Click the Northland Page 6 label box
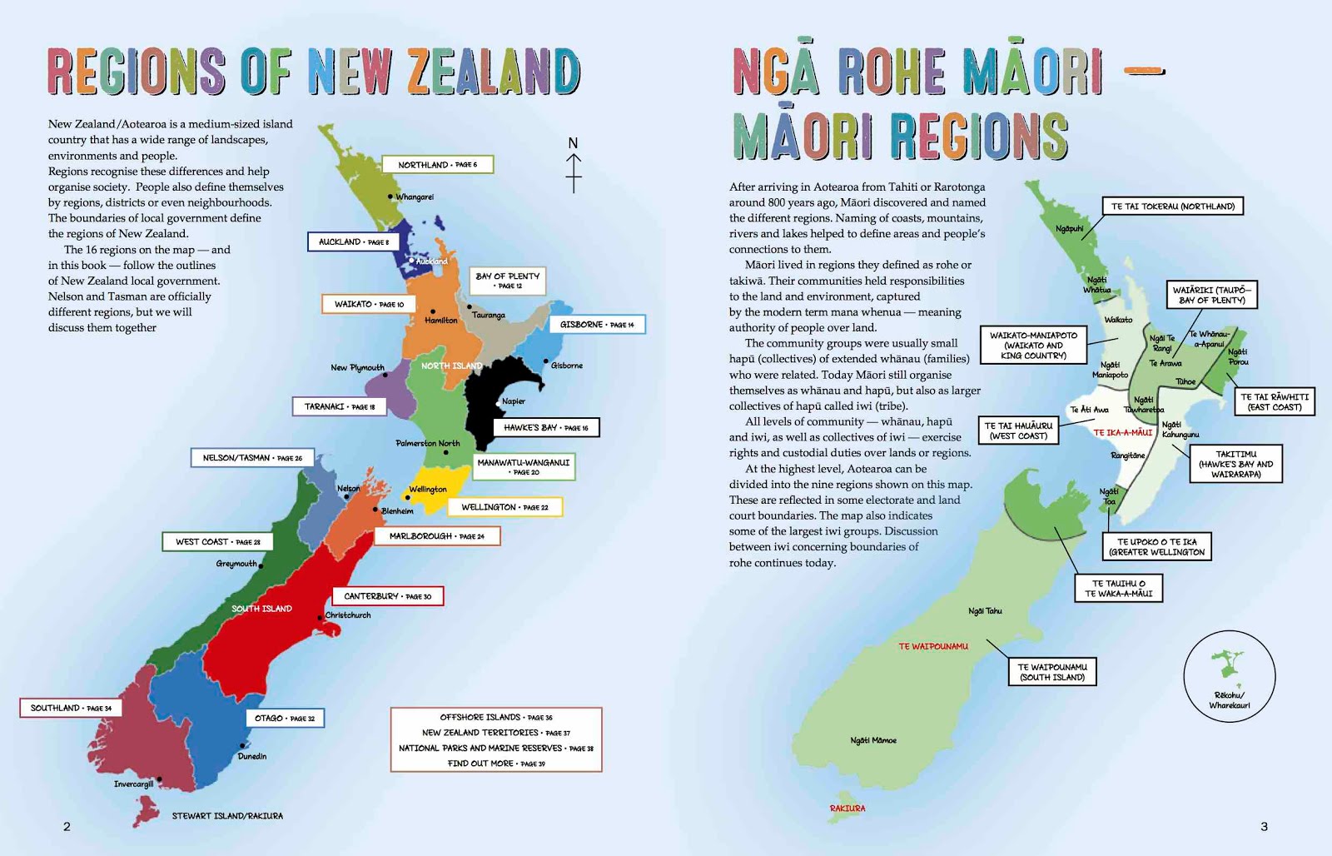click(x=438, y=165)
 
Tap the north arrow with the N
click(x=573, y=165)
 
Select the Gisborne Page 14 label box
click(x=597, y=325)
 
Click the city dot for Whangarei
click(x=390, y=197)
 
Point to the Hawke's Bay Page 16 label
click(x=546, y=428)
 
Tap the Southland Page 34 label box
click(x=71, y=708)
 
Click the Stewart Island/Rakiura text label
click(x=227, y=816)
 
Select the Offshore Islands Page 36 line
click(x=496, y=717)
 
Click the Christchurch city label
click(x=348, y=615)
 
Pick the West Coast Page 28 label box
click(x=217, y=542)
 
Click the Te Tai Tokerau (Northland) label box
click(x=1173, y=207)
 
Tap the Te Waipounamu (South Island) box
click(x=1052, y=672)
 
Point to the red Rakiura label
click(x=847, y=809)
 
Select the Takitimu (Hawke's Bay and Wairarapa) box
click(x=1235, y=465)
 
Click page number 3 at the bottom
click(x=1264, y=827)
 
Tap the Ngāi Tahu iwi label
click(x=985, y=611)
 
